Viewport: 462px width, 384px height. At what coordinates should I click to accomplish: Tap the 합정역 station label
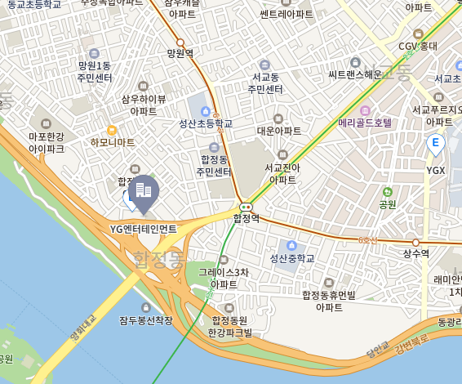246,218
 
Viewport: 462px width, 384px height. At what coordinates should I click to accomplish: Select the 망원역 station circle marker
180,42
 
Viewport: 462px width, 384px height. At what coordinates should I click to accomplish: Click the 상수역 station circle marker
415,242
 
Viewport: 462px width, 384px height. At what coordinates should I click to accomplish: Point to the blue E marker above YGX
435,145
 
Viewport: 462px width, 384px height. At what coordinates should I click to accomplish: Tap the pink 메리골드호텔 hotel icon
365,109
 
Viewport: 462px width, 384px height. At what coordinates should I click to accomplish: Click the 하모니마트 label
113,142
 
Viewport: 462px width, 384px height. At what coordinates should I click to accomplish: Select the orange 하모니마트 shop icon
112,129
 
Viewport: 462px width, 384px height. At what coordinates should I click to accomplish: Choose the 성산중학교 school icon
291,245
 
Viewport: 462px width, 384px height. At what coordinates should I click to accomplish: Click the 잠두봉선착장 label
146,320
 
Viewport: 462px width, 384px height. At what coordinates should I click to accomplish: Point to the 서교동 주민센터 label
264,83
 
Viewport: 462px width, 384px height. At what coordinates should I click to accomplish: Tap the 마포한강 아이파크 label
47,143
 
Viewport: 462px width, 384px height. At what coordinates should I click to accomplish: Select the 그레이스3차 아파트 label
224,278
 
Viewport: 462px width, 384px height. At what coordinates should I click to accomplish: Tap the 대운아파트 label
279,131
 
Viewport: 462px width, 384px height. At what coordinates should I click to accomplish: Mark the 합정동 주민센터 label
214,166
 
